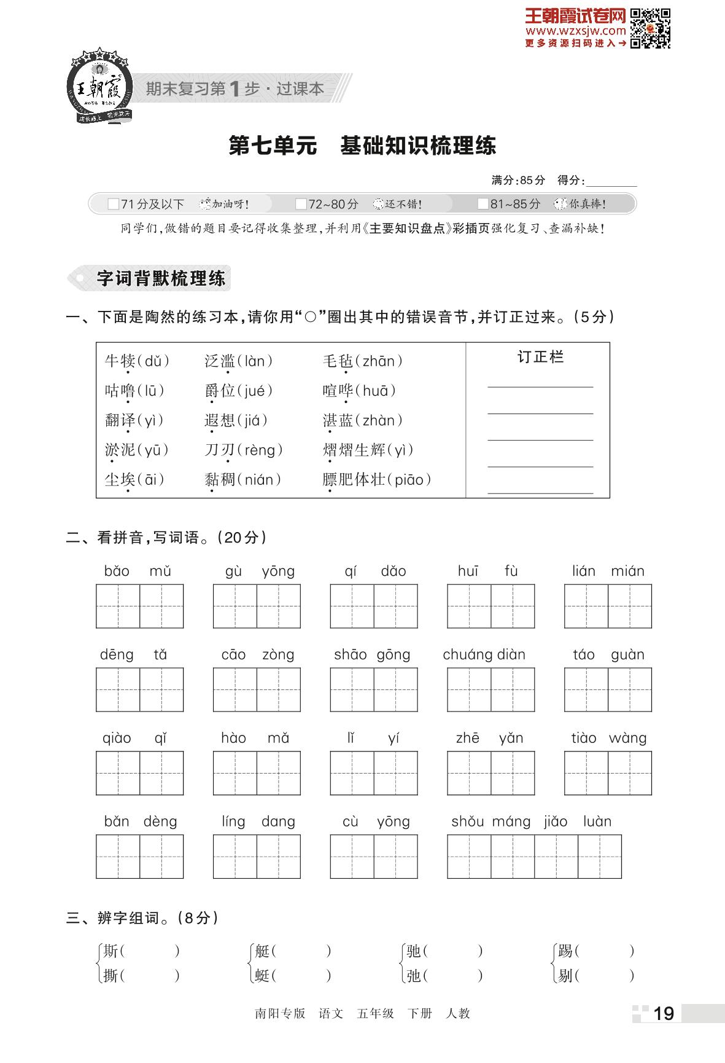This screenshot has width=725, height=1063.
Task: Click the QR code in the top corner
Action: pos(650,28)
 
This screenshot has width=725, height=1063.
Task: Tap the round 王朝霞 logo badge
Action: pos(98,87)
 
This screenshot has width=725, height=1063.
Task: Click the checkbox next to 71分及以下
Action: pos(113,204)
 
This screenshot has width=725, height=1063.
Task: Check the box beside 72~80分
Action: pos(301,204)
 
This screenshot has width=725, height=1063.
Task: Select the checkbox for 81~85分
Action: pos(483,204)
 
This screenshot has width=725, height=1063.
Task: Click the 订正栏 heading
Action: pos(540,357)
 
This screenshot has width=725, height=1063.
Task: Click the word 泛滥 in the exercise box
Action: pos(219,361)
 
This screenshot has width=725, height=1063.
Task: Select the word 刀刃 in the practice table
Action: pos(219,450)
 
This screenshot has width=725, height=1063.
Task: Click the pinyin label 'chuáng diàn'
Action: pos(484,655)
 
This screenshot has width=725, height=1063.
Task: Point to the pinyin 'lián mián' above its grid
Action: pos(608,571)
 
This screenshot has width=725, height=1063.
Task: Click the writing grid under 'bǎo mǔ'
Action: pos(139,606)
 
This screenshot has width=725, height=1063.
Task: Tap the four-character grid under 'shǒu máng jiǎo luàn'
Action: pos(534,857)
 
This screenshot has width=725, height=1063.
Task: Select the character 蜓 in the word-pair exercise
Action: pos(262,975)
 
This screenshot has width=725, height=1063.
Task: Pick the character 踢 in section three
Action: pos(565,952)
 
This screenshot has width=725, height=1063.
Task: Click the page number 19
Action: pos(664,1014)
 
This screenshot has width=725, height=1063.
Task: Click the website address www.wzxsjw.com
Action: pos(575,31)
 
